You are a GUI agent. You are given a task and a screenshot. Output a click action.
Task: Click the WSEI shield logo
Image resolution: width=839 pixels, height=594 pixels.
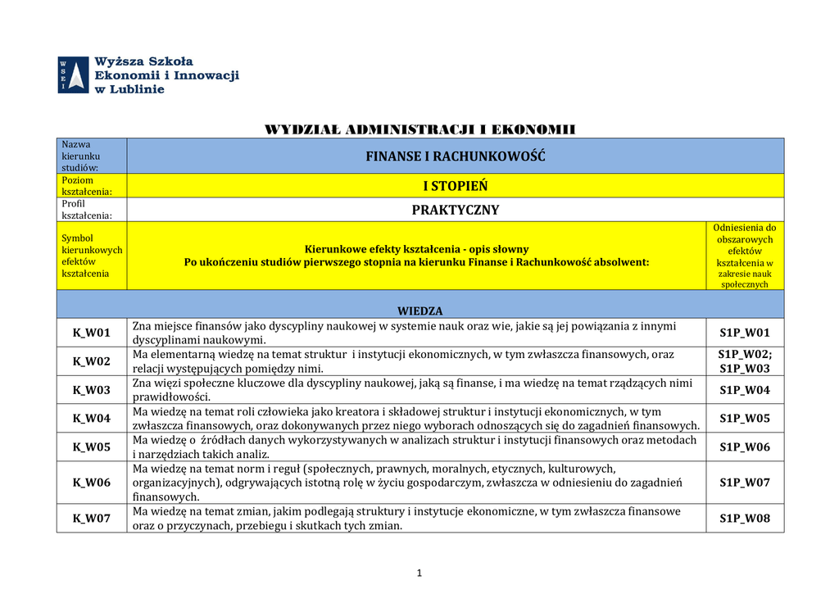click(74, 75)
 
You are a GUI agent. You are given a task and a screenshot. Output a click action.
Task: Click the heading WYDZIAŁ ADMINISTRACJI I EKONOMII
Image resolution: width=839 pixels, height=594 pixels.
click(419, 129)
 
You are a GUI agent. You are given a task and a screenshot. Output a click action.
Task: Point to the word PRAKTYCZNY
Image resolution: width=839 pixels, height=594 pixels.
click(456, 210)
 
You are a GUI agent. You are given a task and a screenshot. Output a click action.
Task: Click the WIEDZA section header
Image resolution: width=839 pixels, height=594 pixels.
click(420, 311)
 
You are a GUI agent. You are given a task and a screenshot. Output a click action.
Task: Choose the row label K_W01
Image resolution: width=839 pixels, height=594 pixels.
click(91, 333)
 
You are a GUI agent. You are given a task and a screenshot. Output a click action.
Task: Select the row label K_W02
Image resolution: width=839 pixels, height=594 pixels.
click(91, 361)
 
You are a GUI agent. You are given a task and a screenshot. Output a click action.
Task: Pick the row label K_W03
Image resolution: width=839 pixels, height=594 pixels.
click(91, 390)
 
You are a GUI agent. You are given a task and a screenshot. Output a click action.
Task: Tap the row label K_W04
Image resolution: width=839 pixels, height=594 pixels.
click(91, 418)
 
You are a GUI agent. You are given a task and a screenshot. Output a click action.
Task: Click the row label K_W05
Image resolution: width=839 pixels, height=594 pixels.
click(91, 447)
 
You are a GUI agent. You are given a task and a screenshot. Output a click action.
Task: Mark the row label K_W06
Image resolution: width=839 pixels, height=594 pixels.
click(91, 483)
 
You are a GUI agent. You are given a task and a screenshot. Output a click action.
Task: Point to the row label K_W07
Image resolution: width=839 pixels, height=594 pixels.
click(91, 518)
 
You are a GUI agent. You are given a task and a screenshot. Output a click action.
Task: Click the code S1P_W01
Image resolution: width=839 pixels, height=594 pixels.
click(745, 333)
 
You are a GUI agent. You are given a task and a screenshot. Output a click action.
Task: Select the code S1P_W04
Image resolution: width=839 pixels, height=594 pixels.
click(745, 390)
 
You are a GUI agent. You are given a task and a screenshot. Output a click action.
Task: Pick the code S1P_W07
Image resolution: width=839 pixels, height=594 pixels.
click(745, 483)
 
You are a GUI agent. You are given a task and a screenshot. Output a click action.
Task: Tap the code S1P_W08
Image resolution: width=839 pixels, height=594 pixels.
click(745, 518)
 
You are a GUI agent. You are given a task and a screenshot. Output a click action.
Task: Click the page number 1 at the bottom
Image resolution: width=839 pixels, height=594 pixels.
click(419, 573)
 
